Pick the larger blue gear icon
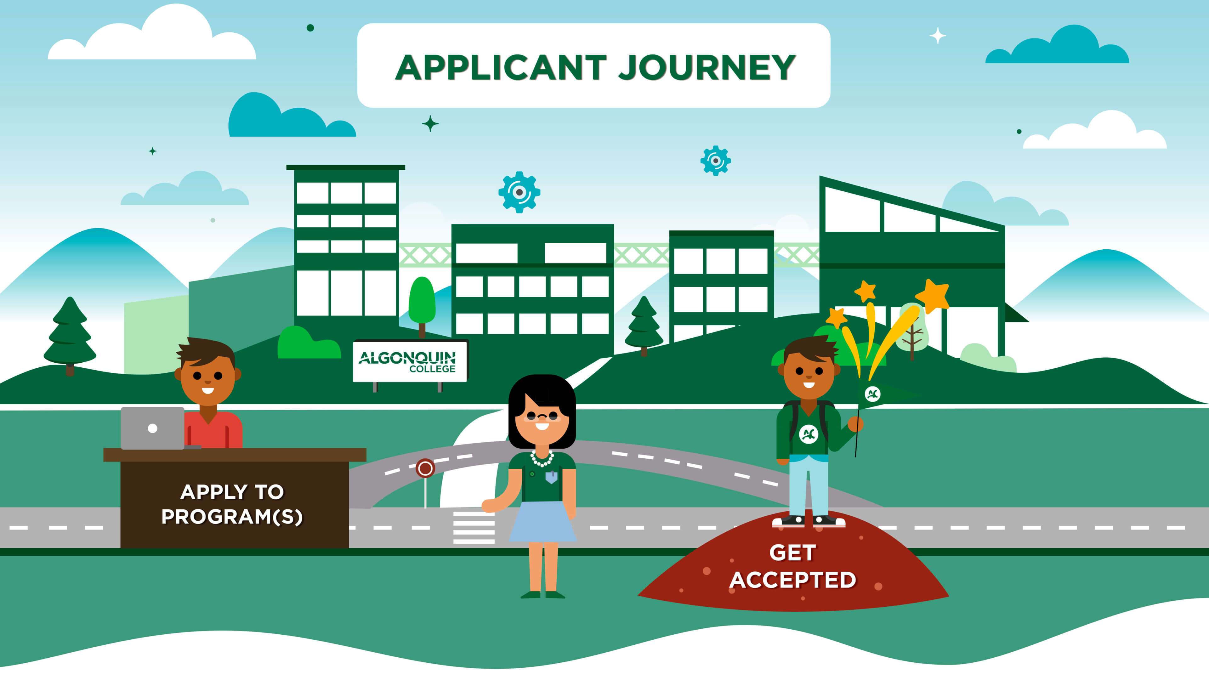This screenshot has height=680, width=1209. pos(519,192)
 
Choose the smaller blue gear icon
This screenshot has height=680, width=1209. pos(715,161)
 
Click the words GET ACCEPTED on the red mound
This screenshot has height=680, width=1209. pos(793,566)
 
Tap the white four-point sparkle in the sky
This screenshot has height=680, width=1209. pos(937,36)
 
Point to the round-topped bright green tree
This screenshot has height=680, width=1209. pos(422,300)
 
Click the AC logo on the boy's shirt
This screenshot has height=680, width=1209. pos(808,433)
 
